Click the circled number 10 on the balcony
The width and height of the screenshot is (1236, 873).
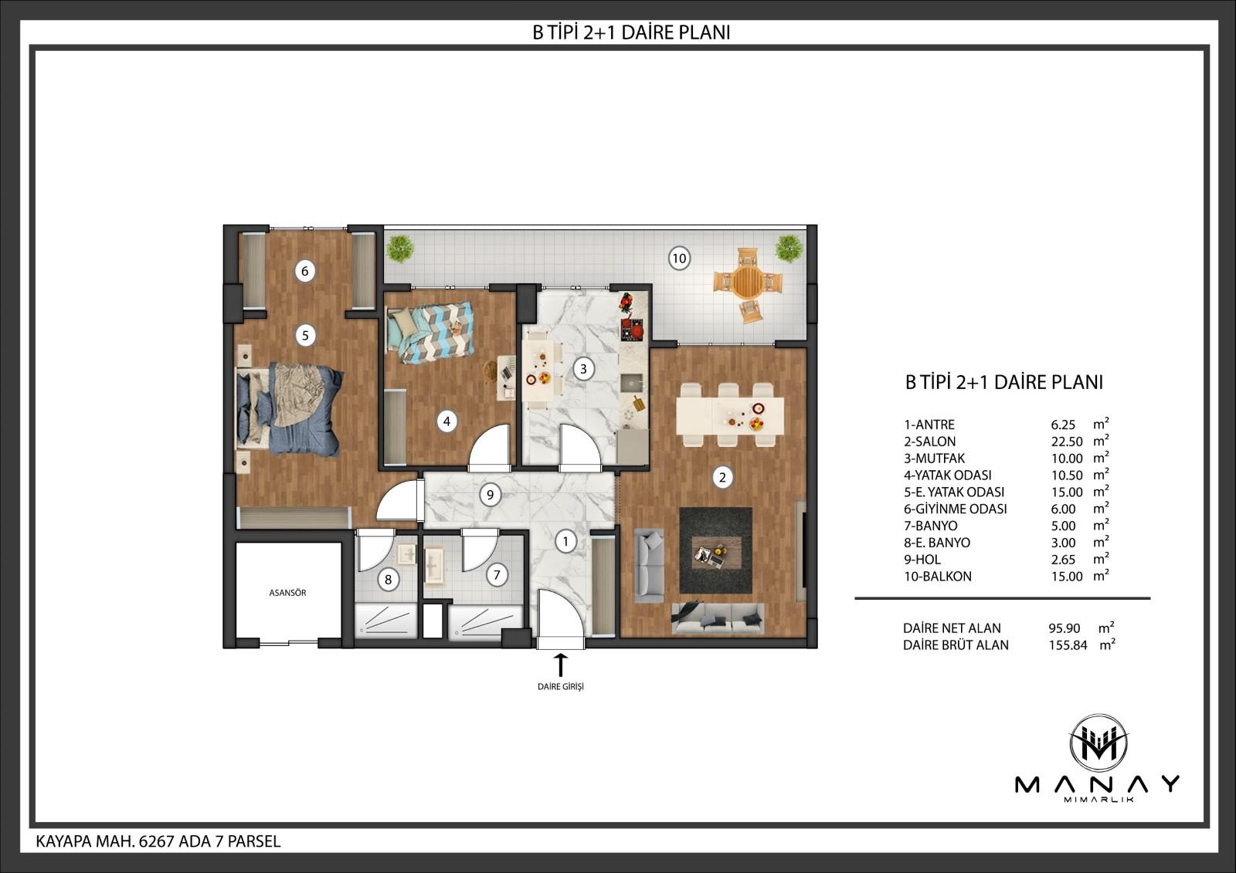[x=679, y=258]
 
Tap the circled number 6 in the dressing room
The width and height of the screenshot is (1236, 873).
[x=304, y=271]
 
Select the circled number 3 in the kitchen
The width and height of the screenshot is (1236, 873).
[x=583, y=368]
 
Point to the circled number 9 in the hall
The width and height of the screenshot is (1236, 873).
[x=490, y=495]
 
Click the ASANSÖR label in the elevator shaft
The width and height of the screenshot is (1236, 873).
[x=287, y=593]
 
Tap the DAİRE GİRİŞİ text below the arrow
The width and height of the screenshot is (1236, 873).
[x=561, y=687]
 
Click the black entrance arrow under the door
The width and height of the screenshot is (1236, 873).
[x=561, y=665]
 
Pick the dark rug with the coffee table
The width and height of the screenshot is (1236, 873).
[x=715, y=550]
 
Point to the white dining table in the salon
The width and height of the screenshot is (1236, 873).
[x=730, y=415]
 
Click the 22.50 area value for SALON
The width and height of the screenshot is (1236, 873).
[x=1066, y=442]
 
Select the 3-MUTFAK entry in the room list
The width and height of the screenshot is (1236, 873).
[x=934, y=458]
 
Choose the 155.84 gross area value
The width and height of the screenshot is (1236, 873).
[x=1068, y=645]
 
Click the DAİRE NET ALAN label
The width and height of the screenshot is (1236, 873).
[x=952, y=628]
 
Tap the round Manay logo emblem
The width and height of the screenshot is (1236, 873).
[x=1098, y=743]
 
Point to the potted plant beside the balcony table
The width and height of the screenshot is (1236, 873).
[x=789, y=249]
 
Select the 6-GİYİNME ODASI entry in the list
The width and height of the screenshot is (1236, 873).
[x=955, y=509]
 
